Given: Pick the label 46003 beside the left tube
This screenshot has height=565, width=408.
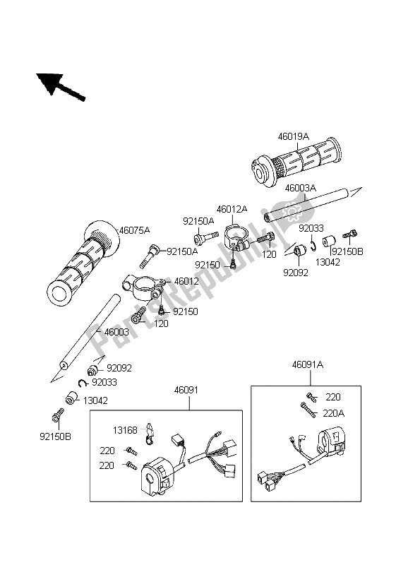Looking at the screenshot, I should click(x=117, y=331).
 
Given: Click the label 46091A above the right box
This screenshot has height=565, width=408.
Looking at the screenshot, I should click(x=308, y=366).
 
